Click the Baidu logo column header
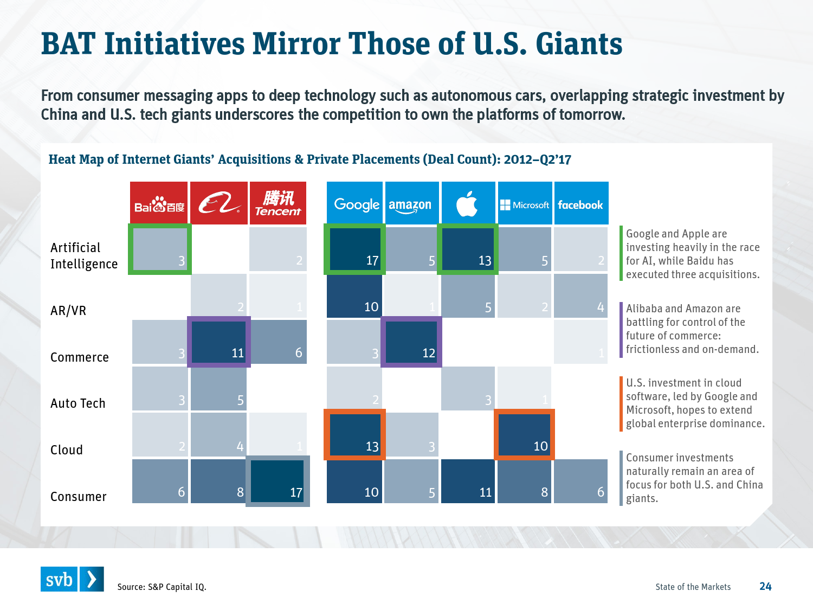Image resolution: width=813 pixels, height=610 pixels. coord(159,203)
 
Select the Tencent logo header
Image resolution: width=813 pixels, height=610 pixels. coord(278,203)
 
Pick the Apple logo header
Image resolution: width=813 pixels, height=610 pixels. coord(468,203)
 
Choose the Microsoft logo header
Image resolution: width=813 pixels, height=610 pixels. coord(525,203)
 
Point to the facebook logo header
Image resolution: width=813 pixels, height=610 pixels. coord(581,203)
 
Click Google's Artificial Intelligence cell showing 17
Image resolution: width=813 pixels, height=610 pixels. coord(355,249)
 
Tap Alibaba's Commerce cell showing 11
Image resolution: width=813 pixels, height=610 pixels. coord(219,342)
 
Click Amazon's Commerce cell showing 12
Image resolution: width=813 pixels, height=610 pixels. coord(411,342)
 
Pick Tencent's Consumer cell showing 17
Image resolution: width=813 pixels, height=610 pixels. coord(278,481)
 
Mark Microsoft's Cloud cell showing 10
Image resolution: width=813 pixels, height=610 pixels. coord(524,435)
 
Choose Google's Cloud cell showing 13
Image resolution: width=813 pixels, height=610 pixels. coord(355,435)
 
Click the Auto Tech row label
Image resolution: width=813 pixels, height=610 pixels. coord(78,403)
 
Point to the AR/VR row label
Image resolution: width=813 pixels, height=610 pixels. coord(68,311)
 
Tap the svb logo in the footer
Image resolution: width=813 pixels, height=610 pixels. coord(72,579)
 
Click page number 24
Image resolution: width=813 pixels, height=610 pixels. coord(765,586)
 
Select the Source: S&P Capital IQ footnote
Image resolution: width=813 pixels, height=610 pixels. coord(162,587)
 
